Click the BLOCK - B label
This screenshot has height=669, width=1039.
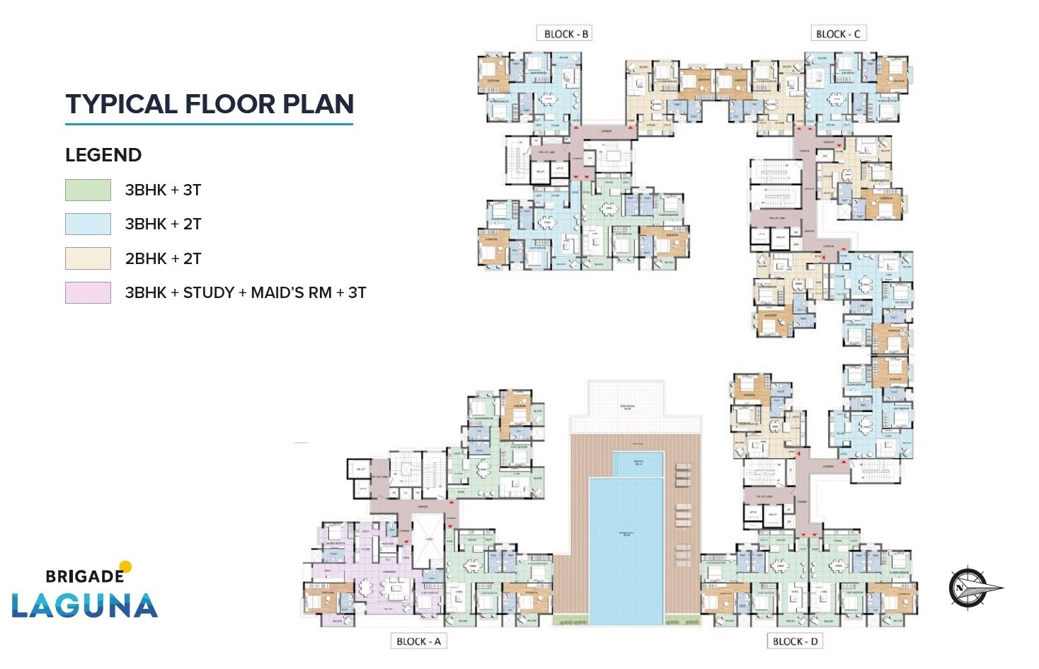click(x=566, y=34)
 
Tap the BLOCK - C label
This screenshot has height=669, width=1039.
click(x=838, y=34)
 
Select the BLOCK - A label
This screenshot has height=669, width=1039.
click(x=418, y=641)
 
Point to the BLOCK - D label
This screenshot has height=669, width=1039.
click(x=795, y=641)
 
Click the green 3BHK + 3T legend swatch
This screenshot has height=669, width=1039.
click(x=88, y=190)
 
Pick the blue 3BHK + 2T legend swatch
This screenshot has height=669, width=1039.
click(x=88, y=224)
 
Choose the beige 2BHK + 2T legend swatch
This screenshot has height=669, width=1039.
click(x=88, y=258)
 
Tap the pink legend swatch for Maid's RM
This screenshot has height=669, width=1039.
click(x=88, y=292)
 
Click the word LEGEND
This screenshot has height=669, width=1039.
click(x=103, y=155)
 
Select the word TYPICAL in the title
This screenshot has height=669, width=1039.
click(x=121, y=104)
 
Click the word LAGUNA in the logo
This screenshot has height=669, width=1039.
click(x=84, y=606)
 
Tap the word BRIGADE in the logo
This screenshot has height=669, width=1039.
click(x=84, y=576)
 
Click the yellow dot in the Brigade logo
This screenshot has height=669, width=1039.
click(x=126, y=566)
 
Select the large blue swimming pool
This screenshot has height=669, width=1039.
click(x=626, y=552)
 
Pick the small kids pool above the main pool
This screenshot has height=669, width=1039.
click(x=638, y=464)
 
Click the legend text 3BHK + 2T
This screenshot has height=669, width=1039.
click(x=163, y=224)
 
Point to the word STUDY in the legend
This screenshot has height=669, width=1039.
click(x=208, y=292)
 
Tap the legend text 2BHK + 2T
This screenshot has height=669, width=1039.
click(x=163, y=258)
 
